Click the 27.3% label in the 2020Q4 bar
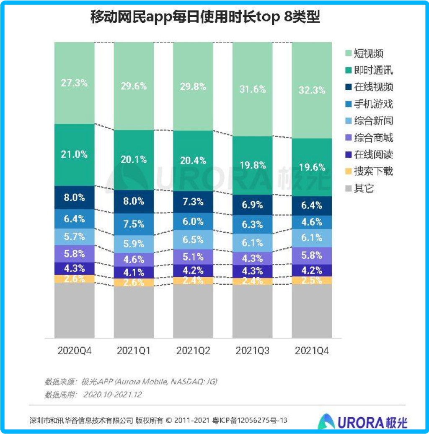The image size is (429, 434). (74, 83)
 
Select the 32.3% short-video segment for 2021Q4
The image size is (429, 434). (312, 89)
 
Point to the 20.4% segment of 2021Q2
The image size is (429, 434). (193, 160)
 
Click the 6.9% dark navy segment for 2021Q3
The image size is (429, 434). (252, 205)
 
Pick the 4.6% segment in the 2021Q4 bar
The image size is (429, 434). (312, 222)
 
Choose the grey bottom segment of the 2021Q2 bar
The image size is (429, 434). (193, 311)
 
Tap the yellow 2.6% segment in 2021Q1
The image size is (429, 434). (134, 283)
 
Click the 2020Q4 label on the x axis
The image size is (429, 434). (74, 351)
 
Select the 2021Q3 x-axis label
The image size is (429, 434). (252, 351)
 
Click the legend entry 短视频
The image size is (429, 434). (368, 54)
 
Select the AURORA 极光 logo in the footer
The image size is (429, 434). (363, 421)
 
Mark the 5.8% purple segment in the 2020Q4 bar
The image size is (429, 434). (74, 254)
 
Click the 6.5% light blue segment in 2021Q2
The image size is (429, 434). (193, 240)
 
